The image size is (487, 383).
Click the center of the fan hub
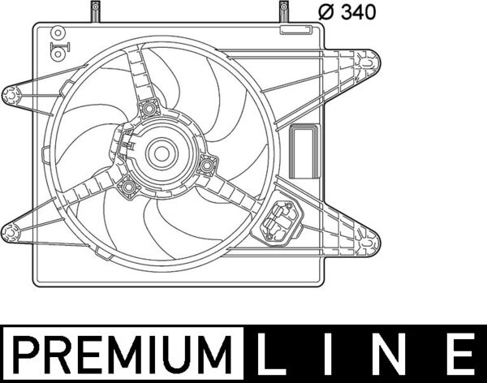161,153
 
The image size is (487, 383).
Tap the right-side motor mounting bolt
206,166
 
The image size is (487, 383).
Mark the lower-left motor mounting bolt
127,188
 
